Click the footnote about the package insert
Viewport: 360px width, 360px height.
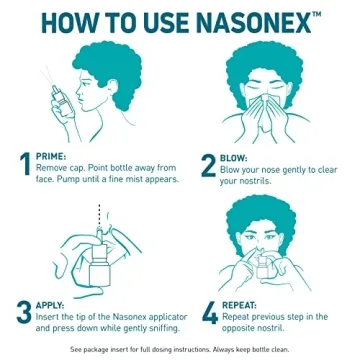180,350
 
